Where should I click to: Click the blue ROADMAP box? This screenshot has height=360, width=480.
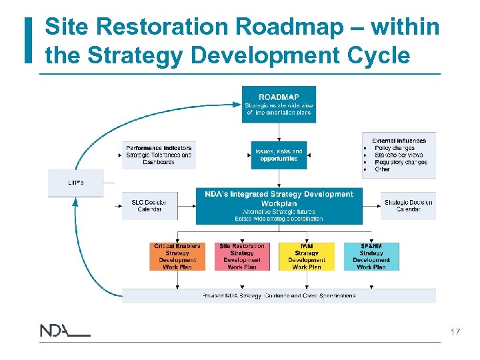tap(279, 105)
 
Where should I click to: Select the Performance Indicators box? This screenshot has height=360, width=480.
tap(159, 155)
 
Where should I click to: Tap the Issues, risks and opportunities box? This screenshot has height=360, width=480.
tap(279, 155)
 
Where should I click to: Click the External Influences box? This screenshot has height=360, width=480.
tap(399, 155)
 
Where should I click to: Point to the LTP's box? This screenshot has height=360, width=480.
tap(75, 183)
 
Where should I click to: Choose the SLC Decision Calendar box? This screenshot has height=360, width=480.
tap(149, 206)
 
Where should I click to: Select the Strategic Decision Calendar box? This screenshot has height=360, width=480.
tap(408, 206)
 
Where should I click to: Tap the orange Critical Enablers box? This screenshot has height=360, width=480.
tap(177, 257)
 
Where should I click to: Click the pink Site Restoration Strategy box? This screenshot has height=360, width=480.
tap(242, 257)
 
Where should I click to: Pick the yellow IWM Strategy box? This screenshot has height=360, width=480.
tap(307, 257)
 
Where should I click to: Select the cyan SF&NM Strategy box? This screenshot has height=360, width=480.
tap(371, 257)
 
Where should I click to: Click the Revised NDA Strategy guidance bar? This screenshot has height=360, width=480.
tap(279, 295)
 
